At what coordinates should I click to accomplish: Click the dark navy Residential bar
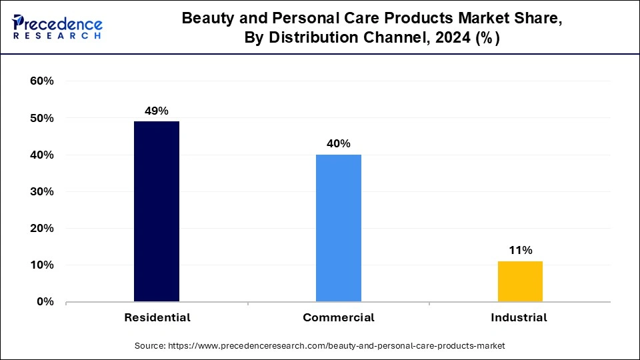pos(157,211)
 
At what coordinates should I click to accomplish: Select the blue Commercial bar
pos(339,228)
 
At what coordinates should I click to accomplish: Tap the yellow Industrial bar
pos(520,281)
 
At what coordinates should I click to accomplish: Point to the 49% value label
pos(157,111)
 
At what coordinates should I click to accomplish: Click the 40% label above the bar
pos(339,144)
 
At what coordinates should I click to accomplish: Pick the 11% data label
pos(520,251)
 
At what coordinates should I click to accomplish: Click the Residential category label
pos(157,318)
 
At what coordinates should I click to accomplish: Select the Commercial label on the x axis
pos(339,318)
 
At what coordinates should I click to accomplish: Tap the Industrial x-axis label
pos(519,318)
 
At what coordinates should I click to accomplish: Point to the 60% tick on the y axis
pos(42,81)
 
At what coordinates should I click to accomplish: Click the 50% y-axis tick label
pos(42,119)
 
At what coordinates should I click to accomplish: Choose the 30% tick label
pos(42,192)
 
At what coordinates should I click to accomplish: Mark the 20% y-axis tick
pos(42,229)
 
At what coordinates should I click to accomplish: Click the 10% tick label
pos(42,265)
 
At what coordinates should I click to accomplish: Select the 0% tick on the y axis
pos(45,302)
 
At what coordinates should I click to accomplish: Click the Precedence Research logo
pos(57,27)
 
